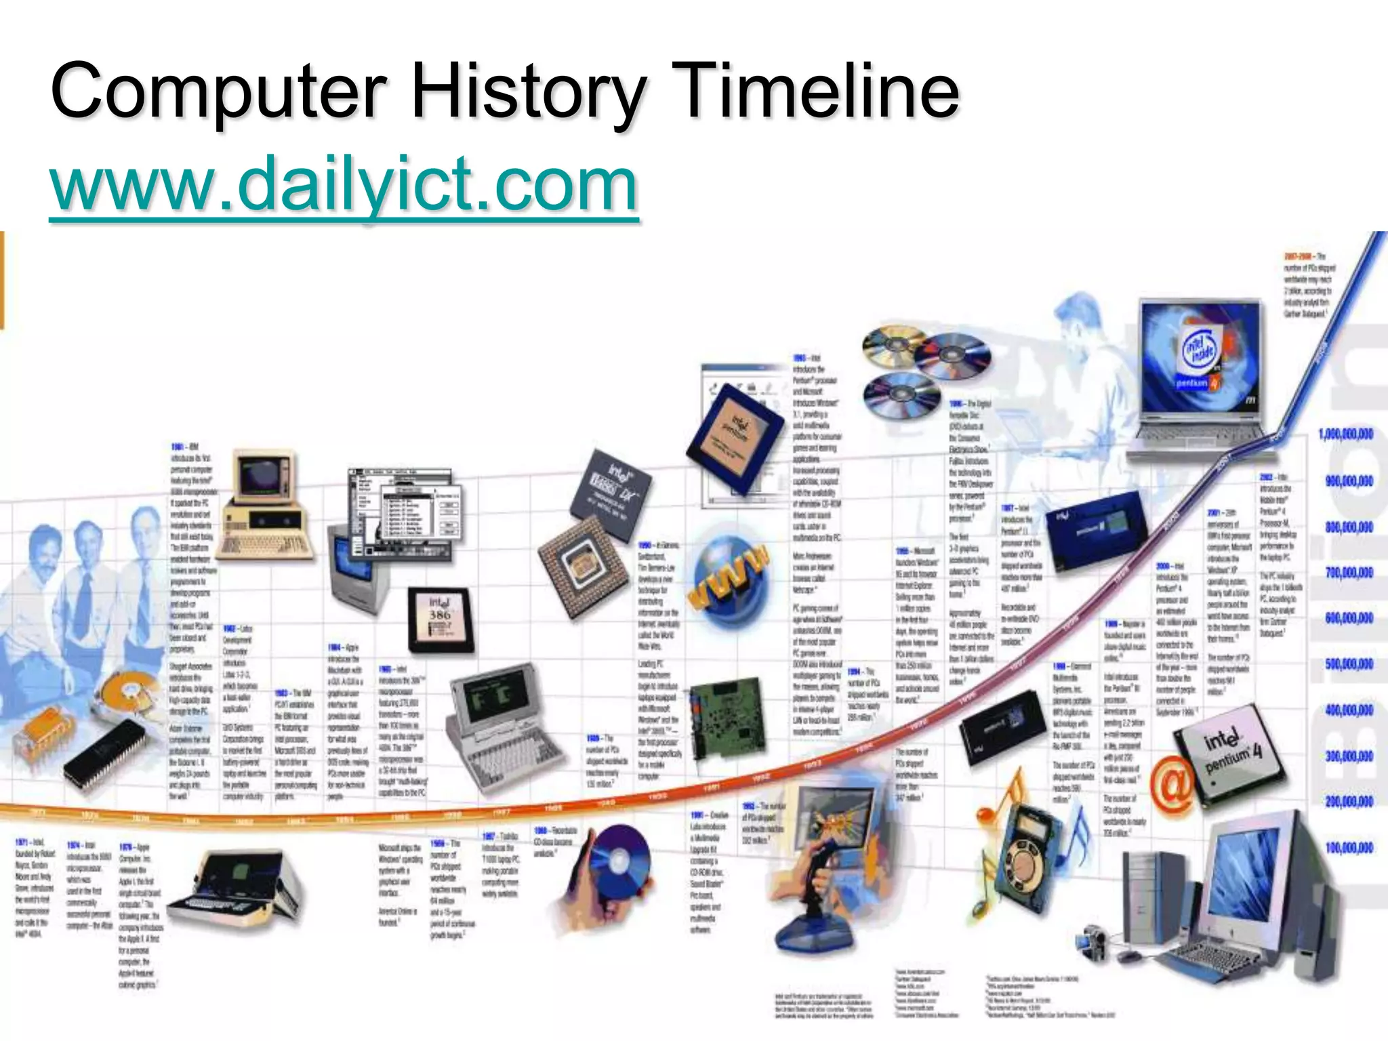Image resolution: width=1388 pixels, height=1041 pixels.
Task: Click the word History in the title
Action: coord(528,91)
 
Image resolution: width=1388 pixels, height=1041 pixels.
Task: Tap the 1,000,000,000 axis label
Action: coord(1346,434)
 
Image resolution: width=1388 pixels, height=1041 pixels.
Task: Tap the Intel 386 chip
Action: coord(439,614)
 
